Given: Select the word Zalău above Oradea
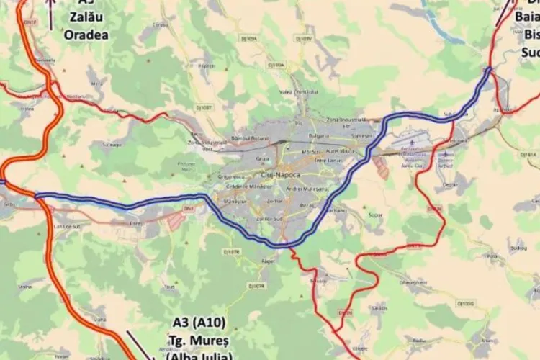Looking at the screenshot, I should pos(86,17).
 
